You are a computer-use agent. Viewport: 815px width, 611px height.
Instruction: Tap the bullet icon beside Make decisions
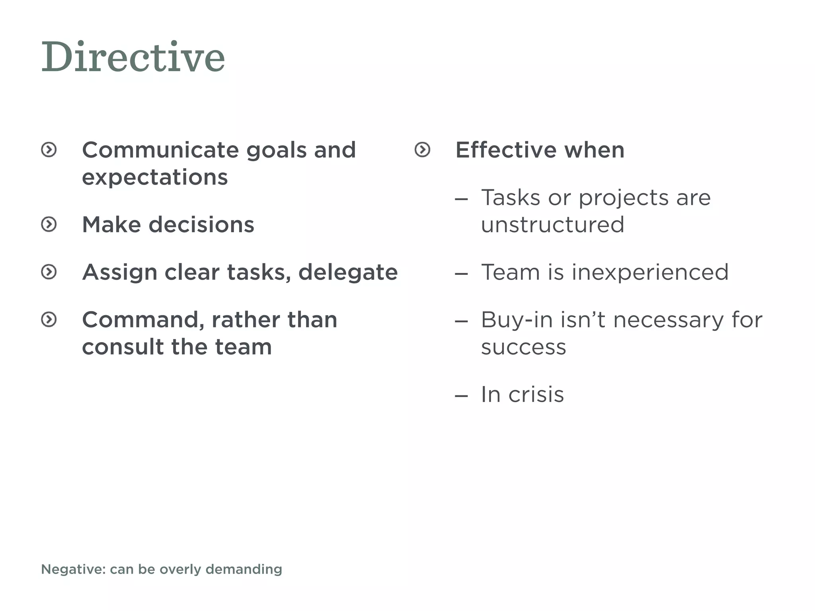(49, 224)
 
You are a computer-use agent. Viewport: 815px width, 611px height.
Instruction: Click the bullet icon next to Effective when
(422, 150)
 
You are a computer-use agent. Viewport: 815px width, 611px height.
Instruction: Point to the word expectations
(155, 177)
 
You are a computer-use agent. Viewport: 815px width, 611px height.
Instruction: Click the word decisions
(201, 225)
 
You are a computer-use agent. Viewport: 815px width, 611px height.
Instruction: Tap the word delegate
(348, 272)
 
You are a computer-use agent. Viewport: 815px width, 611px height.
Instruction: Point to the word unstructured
(552, 225)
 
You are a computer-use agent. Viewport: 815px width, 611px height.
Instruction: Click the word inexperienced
(650, 272)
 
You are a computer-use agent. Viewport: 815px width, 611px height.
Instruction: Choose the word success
(523, 347)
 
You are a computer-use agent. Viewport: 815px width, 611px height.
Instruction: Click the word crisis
(536, 395)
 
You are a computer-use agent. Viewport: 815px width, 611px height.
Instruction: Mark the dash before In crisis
(461, 396)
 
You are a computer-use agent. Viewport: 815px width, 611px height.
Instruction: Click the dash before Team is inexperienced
(461, 274)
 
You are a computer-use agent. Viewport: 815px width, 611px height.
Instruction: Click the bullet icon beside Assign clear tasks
(49, 272)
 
